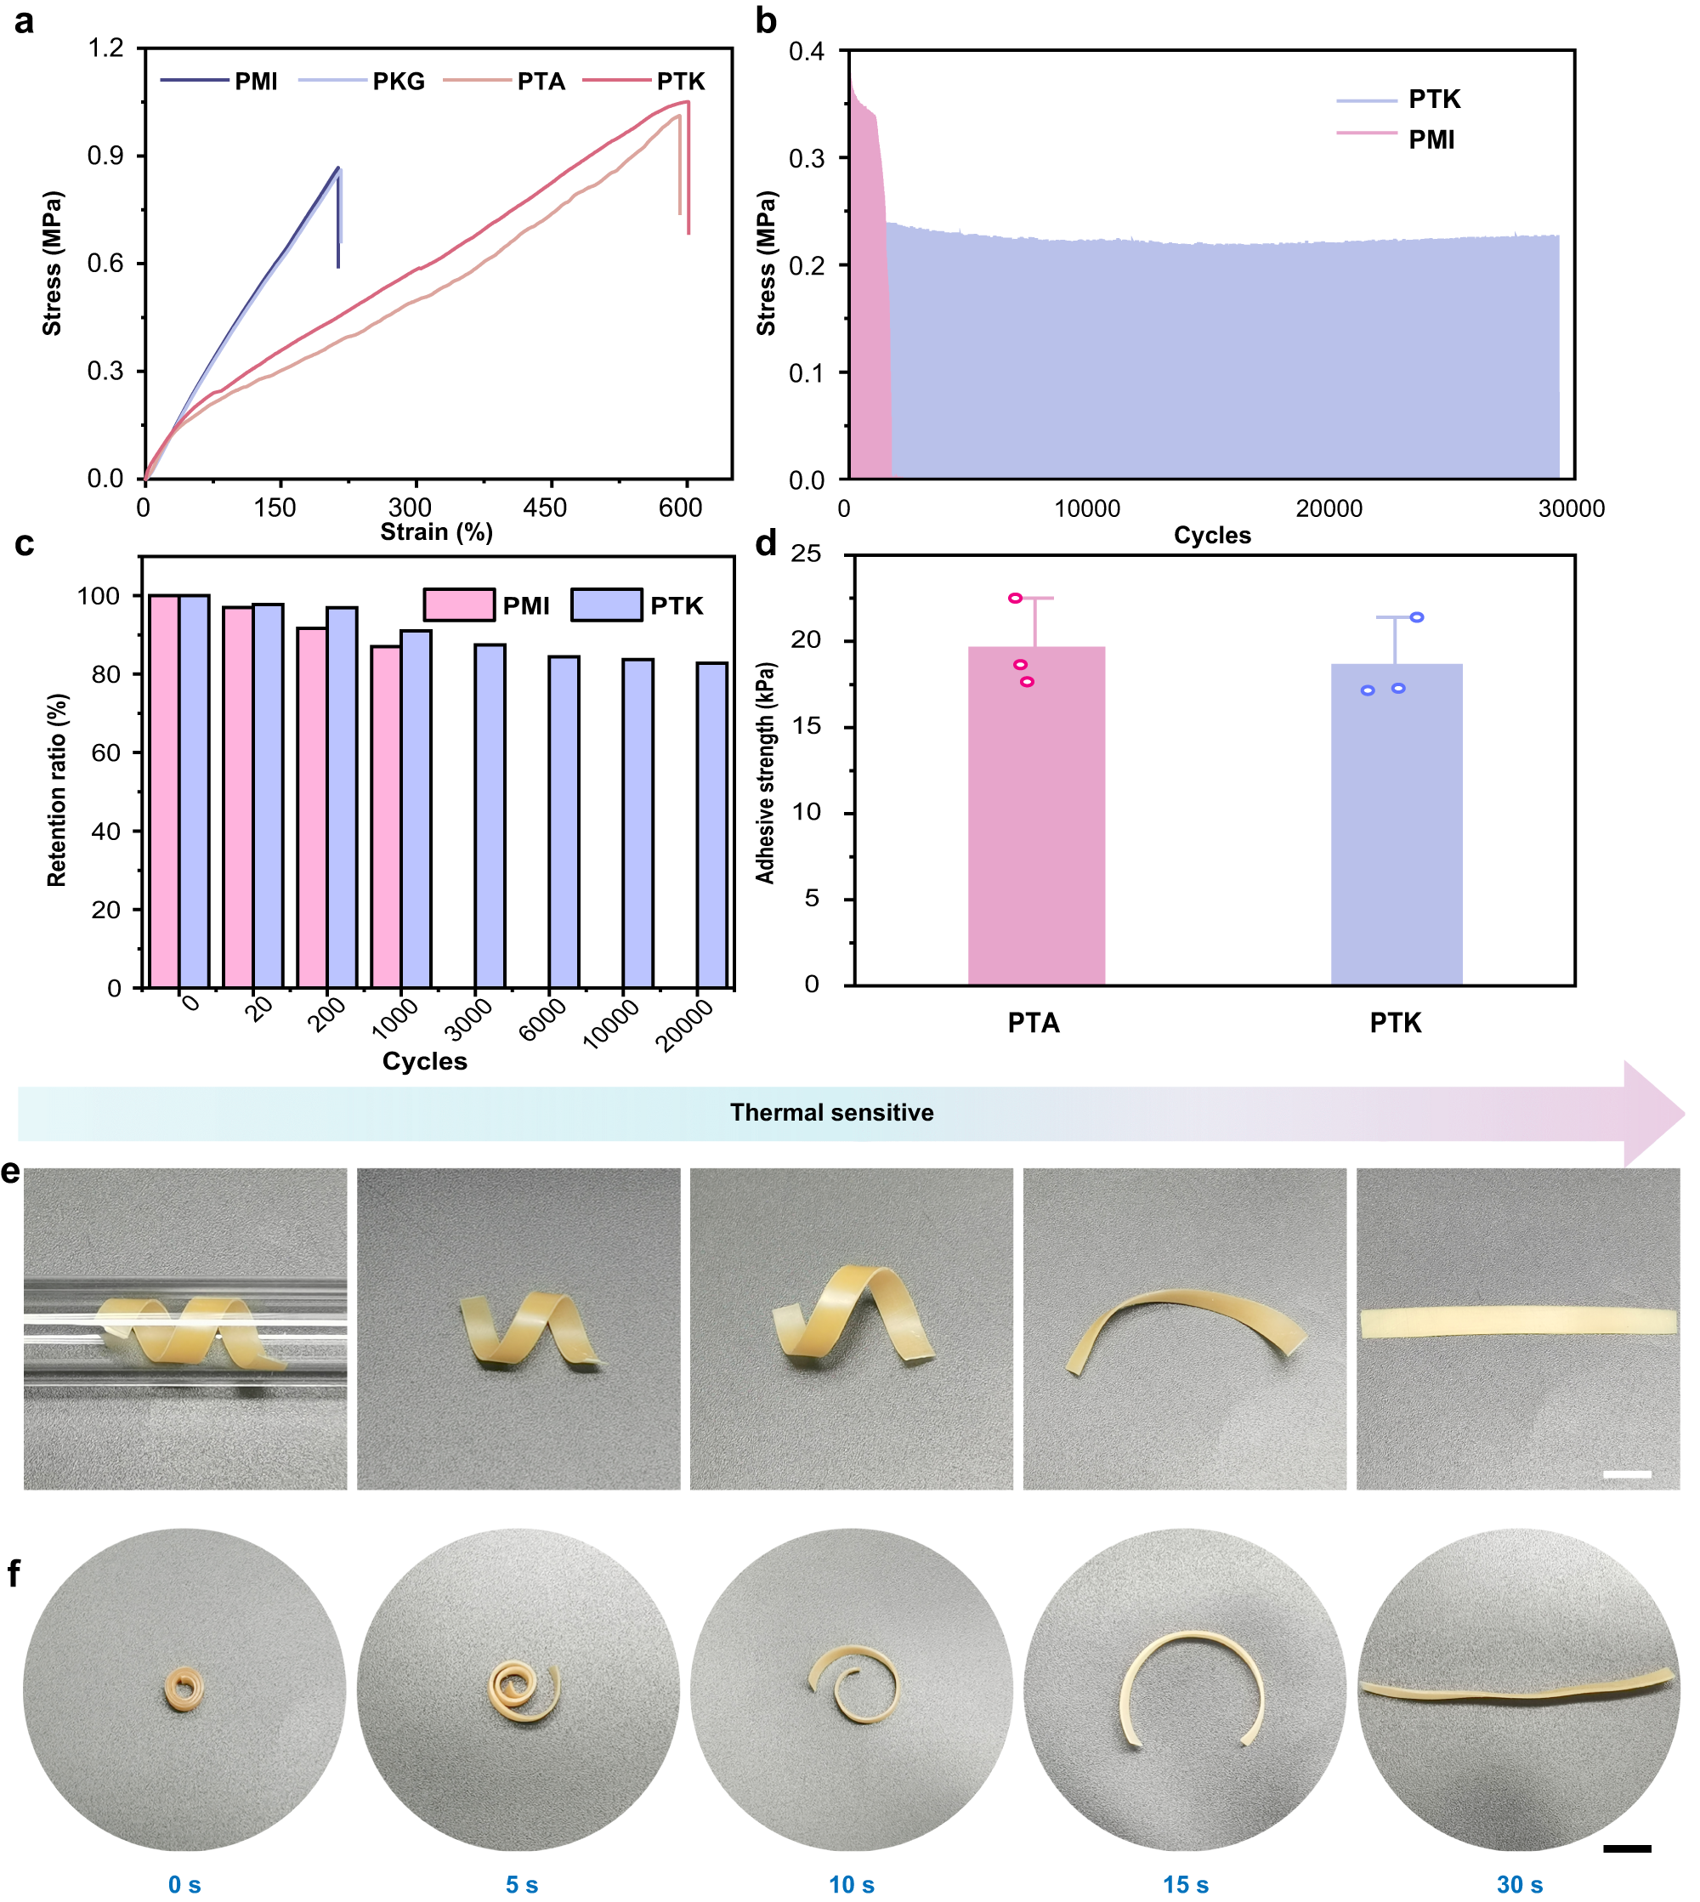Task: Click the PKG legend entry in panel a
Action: point(398,82)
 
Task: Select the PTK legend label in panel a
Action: point(680,82)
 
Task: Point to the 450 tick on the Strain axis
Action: point(545,508)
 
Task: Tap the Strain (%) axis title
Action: point(436,531)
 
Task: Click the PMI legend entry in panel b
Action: point(1431,139)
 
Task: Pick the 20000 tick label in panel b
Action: point(1329,508)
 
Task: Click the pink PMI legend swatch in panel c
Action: point(459,605)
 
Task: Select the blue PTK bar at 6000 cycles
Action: point(564,821)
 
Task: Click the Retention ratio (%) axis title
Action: point(57,789)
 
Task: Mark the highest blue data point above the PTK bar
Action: point(1416,616)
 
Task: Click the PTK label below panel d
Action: point(1396,1023)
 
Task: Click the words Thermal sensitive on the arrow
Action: point(831,1111)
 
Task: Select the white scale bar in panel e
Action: point(1626,1474)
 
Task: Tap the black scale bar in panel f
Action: point(1626,1848)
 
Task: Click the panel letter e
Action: point(11,1171)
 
